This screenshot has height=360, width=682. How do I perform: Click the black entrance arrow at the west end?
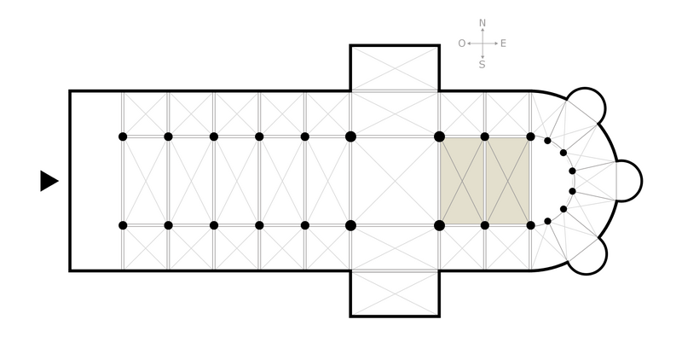pos(49,181)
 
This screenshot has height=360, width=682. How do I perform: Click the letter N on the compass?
pos(483,23)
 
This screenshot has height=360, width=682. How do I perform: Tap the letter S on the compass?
pos(483,64)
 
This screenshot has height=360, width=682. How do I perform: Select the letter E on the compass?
pos(503,44)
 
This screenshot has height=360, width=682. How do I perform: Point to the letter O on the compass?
pos(461,44)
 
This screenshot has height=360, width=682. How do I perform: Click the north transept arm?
pos(395,68)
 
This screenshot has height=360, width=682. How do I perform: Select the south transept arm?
pos(395,293)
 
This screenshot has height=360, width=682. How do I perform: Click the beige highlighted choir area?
pos(485,181)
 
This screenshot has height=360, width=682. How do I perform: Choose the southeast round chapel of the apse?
pos(587,255)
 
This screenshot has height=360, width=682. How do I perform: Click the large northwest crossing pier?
pos(350,136)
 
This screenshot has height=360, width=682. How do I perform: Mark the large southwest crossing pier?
pos(350,225)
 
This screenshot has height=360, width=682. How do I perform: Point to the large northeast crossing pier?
pos(439,136)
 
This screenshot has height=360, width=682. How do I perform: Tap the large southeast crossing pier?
pos(439,225)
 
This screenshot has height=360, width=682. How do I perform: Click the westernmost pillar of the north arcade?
pos(123,136)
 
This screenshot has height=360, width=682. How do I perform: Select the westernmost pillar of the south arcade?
pos(123,225)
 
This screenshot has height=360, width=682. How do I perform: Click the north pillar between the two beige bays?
pos(485,136)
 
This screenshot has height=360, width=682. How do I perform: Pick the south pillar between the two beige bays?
pos(485,225)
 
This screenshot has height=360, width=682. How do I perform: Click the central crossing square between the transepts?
pos(395,181)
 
